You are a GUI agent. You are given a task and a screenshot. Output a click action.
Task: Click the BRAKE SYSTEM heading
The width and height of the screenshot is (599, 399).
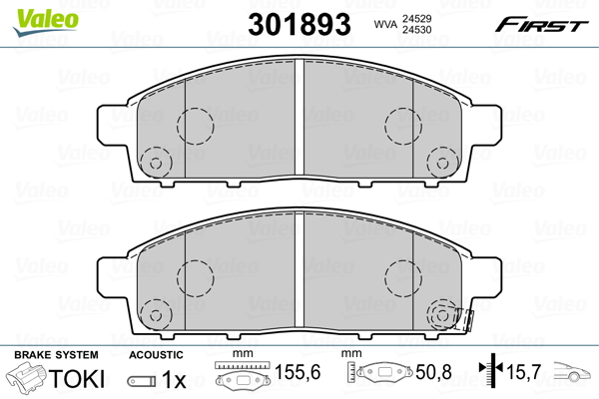tap(56, 355)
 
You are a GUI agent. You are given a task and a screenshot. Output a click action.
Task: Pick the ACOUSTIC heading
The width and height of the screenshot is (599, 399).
tap(156, 355)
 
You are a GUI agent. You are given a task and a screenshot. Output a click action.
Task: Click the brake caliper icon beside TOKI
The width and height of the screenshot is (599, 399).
tap(29, 379)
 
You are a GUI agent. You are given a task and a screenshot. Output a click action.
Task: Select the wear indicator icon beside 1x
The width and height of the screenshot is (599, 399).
tap(142, 380)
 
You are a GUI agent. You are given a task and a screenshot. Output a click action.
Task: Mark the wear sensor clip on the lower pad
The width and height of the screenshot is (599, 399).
tap(461, 319)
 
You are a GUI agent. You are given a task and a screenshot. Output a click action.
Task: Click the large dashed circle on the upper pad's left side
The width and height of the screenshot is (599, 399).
tap(196, 125)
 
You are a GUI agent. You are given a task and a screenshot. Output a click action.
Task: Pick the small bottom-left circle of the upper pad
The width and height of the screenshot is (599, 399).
tap(155, 161)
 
